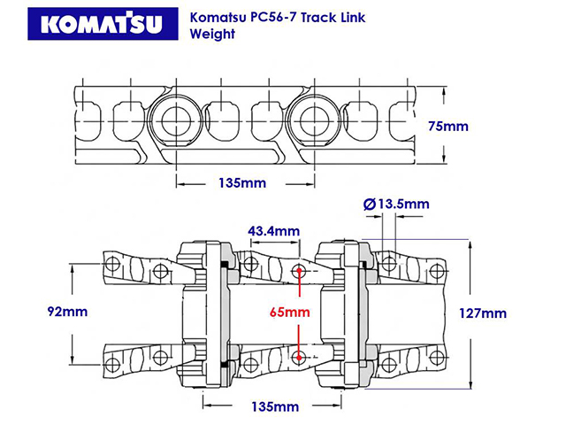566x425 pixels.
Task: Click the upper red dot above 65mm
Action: pyautogui.click(x=301, y=272)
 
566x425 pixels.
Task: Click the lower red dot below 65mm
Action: pyautogui.click(x=301, y=357)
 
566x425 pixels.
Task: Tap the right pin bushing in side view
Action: pyautogui.click(x=311, y=120)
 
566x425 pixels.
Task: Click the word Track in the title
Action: pyautogui.click(x=322, y=17)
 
